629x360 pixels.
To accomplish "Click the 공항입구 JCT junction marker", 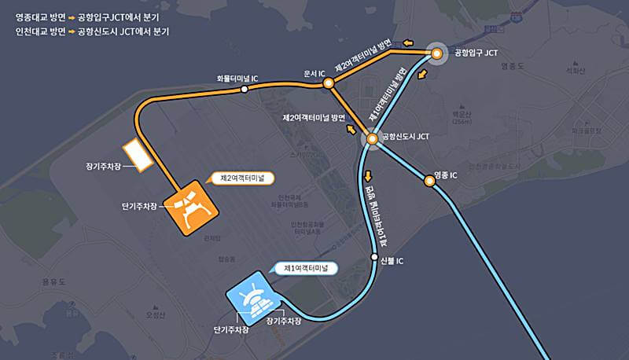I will point(436,53).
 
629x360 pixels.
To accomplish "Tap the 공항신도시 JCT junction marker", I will point(372,139).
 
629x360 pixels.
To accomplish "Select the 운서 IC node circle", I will point(330,81).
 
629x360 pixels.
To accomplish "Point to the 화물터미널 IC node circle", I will point(245,90).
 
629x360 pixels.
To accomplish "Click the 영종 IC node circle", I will point(429,182).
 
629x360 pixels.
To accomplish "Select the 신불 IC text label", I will point(391,261).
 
